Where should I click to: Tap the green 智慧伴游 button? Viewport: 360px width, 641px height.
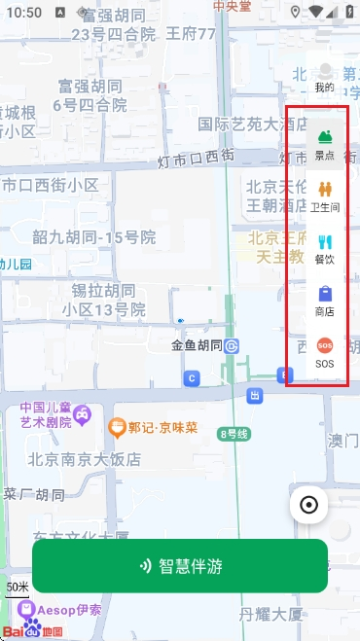[x=180, y=566]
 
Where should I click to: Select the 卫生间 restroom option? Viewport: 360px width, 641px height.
[x=324, y=196]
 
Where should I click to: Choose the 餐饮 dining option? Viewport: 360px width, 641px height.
[x=324, y=248]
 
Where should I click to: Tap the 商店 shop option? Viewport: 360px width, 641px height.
[x=324, y=301]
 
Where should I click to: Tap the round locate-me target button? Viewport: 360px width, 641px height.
[x=309, y=504]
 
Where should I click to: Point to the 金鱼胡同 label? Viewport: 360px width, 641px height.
[x=198, y=345]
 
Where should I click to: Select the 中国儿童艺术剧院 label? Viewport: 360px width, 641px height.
[x=47, y=414]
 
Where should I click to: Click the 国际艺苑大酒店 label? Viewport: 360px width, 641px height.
[x=253, y=124]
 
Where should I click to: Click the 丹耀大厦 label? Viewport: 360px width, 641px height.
[x=274, y=614]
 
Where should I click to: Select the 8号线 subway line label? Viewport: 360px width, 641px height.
[x=235, y=434]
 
